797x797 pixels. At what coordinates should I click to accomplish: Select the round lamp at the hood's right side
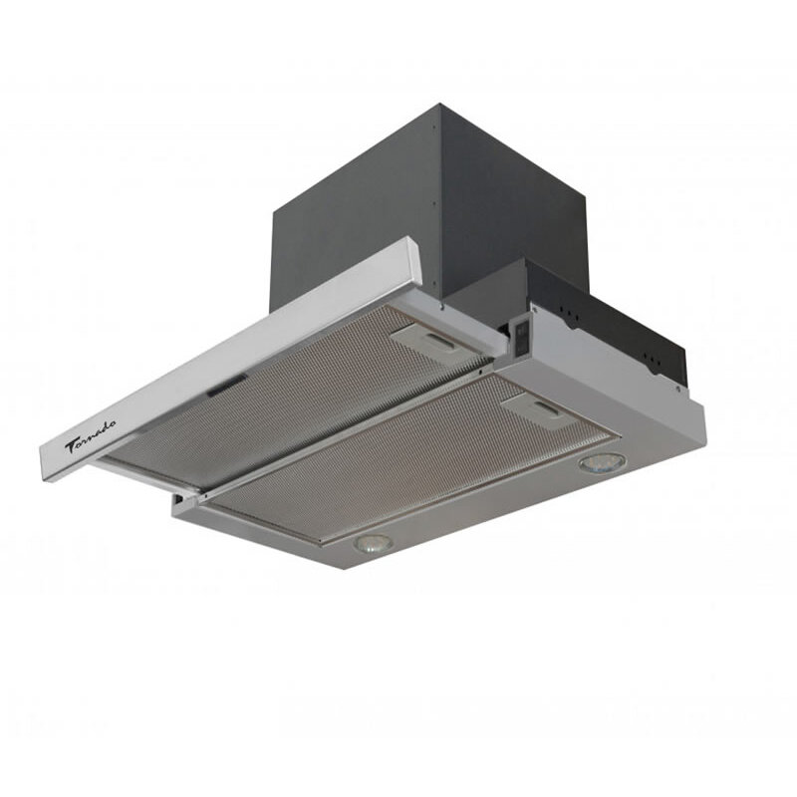pos(602,462)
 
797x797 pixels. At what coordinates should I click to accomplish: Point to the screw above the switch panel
pos(533,310)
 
